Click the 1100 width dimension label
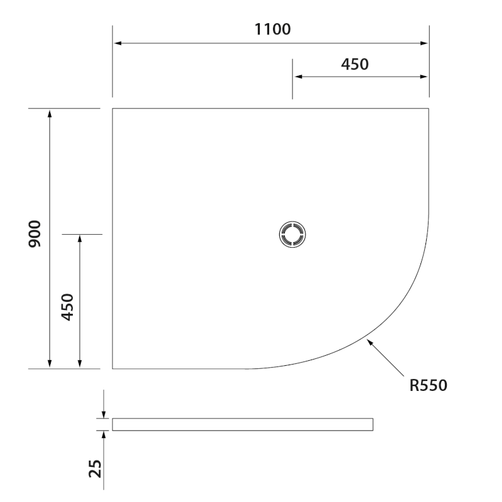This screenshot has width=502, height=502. [x=272, y=29]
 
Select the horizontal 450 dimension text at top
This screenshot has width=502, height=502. [x=355, y=63]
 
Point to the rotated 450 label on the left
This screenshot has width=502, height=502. [x=68, y=307]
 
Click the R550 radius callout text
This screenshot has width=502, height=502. [x=428, y=385]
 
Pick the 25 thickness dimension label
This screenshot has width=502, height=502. [x=95, y=467]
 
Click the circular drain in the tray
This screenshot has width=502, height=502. [x=292, y=234]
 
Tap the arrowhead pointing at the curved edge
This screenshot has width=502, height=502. [x=370, y=342]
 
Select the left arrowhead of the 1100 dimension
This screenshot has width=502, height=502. [x=117, y=43]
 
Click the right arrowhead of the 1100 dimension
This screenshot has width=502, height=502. [x=424, y=43]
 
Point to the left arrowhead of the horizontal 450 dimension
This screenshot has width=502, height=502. [x=297, y=77]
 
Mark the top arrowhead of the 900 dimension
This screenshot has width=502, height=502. [x=50, y=113]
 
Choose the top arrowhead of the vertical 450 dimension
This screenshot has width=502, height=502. [x=80, y=239]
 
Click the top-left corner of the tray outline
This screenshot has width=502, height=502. [x=113, y=109]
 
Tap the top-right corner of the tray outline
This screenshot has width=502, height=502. [x=429, y=109]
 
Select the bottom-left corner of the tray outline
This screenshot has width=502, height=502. [x=113, y=368]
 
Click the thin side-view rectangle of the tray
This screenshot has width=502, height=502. [x=243, y=424]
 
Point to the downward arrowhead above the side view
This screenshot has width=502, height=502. [x=104, y=414]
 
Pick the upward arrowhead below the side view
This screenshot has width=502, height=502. [x=104, y=434]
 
